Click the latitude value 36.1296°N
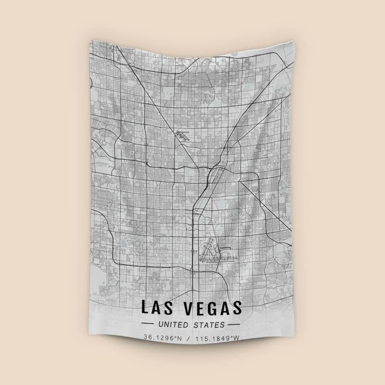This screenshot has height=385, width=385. click(x=162, y=338)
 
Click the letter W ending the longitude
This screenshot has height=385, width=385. click(x=236, y=338)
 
